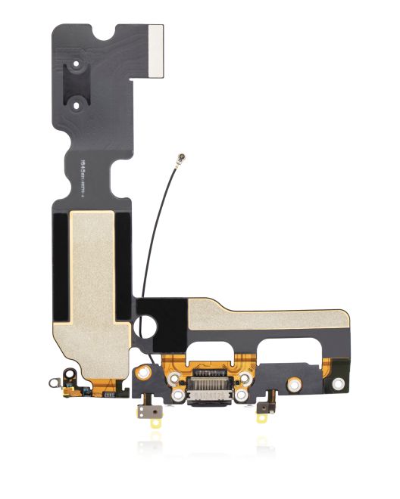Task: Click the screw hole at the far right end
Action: tap(338, 384)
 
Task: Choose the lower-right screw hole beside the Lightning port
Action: tap(240, 394)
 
